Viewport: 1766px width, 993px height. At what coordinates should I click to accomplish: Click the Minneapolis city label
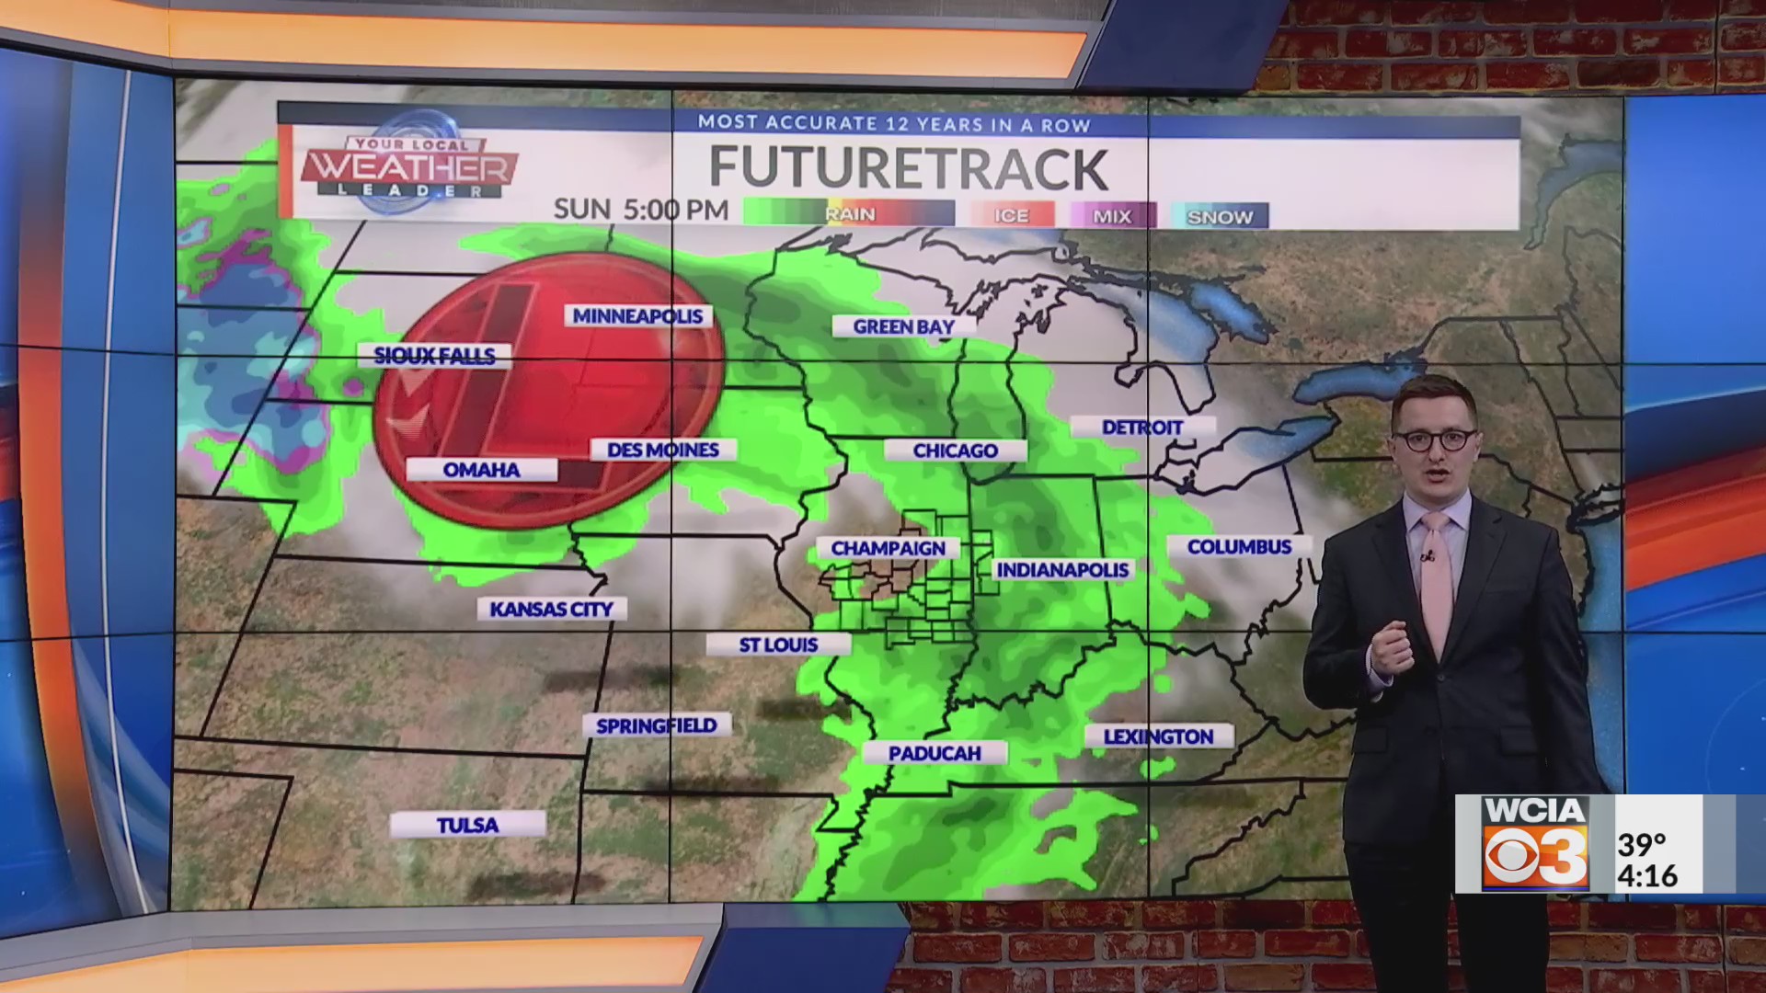click(x=638, y=316)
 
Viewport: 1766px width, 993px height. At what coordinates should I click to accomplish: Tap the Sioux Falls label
click(x=434, y=356)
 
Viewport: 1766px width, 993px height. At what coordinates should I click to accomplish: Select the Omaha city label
click(x=481, y=470)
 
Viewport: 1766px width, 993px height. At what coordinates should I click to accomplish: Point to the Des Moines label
click(x=663, y=450)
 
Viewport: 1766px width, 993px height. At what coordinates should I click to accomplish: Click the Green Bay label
click(x=903, y=326)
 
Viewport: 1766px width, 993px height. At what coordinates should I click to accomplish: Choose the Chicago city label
click(x=955, y=451)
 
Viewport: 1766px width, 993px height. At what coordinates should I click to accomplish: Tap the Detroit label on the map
click(x=1142, y=428)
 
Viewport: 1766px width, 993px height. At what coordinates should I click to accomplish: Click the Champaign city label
click(x=888, y=549)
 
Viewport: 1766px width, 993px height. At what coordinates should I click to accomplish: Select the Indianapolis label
click(x=1062, y=570)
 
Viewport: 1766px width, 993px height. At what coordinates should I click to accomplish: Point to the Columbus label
click(x=1239, y=547)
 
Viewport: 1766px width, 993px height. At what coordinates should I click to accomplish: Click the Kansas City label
click(x=551, y=609)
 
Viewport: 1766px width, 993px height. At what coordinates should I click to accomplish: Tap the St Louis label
click(x=778, y=645)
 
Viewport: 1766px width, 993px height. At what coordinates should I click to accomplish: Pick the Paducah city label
click(x=935, y=754)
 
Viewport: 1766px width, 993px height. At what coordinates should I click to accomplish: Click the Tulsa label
click(x=467, y=825)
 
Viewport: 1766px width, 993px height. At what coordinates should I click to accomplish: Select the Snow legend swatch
click(x=1220, y=217)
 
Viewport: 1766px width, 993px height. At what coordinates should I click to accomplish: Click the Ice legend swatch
click(x=1011, y=216)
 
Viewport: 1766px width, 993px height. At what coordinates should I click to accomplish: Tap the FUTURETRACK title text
click(x=908, y=168)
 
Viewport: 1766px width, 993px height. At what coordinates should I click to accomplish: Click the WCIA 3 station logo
click(x=1535, y=843)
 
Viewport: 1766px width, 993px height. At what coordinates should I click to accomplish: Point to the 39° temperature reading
click(x=1643, y=843)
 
